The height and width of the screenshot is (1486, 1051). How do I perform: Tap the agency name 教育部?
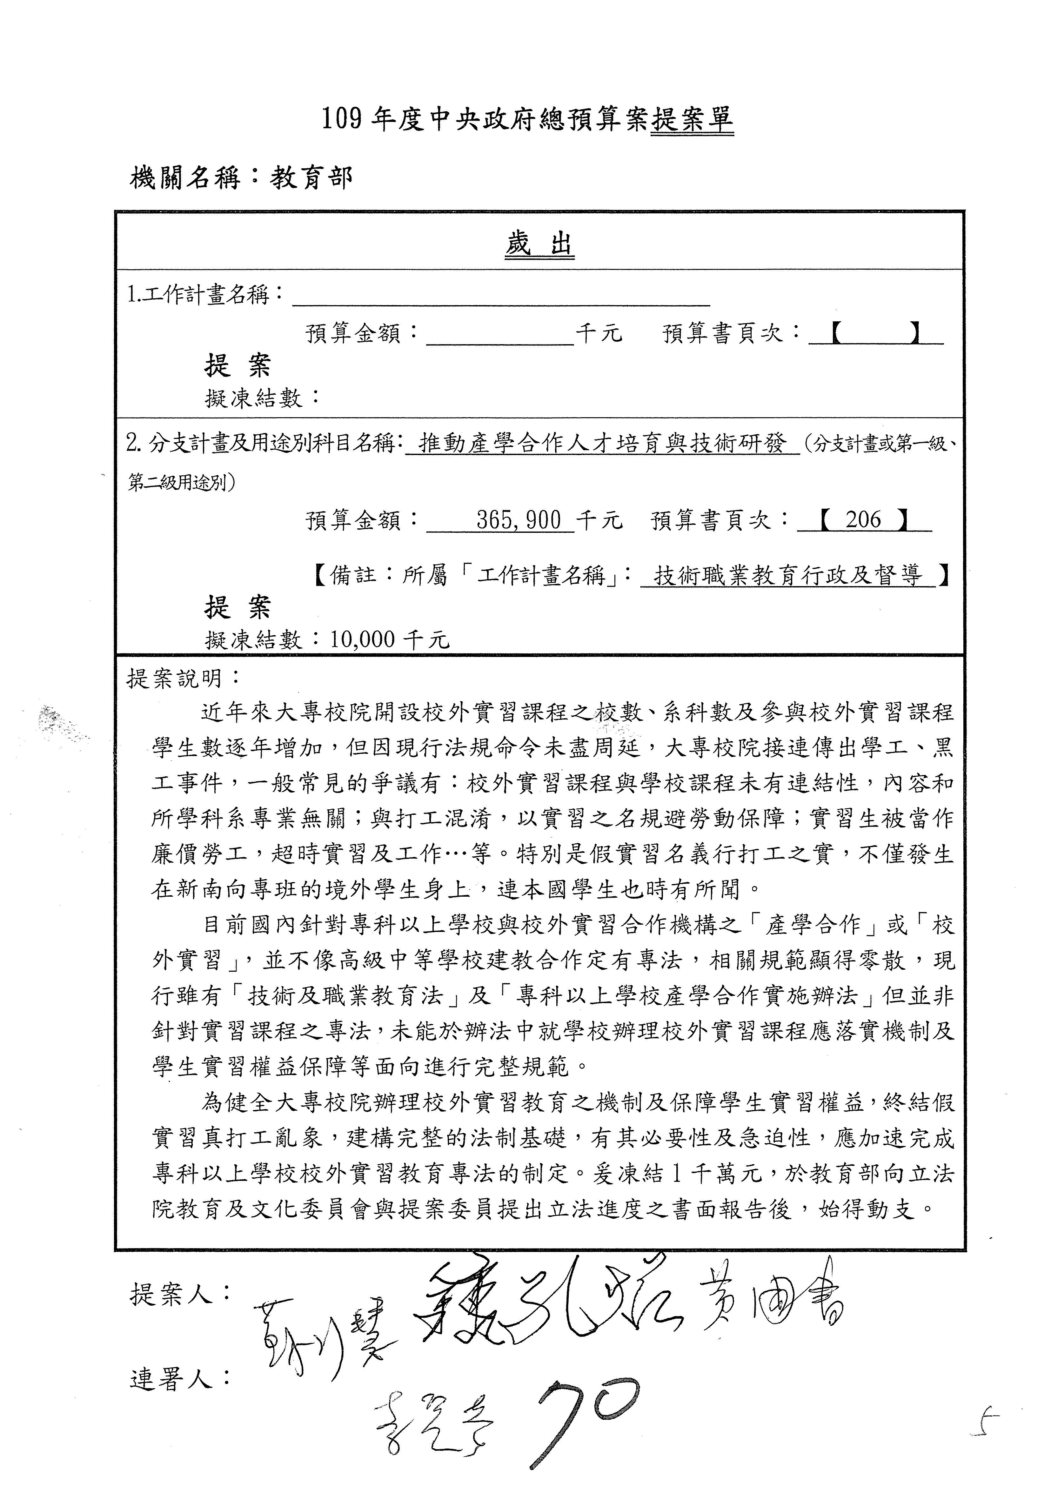pos(311,177)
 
